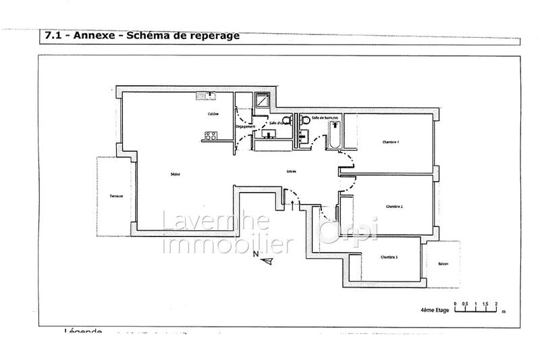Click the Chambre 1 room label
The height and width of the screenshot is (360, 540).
point(391,143)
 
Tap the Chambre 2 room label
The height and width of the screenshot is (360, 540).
point(394,207)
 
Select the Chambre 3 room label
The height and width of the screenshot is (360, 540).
point(388,257)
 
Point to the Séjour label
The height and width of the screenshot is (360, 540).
point(175,175)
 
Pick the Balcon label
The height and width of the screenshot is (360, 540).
point(443,263)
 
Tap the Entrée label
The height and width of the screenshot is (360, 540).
point(291,172)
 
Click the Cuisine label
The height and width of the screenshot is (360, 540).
point(213,114)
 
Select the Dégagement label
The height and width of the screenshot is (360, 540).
point(244,127)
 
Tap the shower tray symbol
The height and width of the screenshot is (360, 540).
point(261,101)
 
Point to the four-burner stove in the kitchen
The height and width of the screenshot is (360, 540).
point(209,136)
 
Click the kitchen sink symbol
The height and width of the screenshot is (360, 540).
point(204,95)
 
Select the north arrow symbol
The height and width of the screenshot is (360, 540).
point(268,259)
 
